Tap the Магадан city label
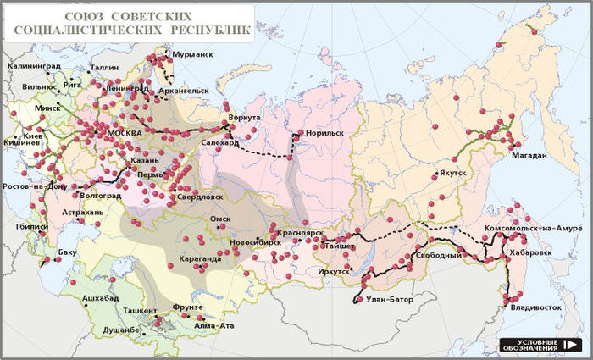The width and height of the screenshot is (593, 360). (x=528, y=156)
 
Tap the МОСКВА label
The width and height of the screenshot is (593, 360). (x=124, y=133)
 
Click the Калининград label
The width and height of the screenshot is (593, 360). (x=34, y=65)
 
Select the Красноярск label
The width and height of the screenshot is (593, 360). (x=298, y=230)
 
